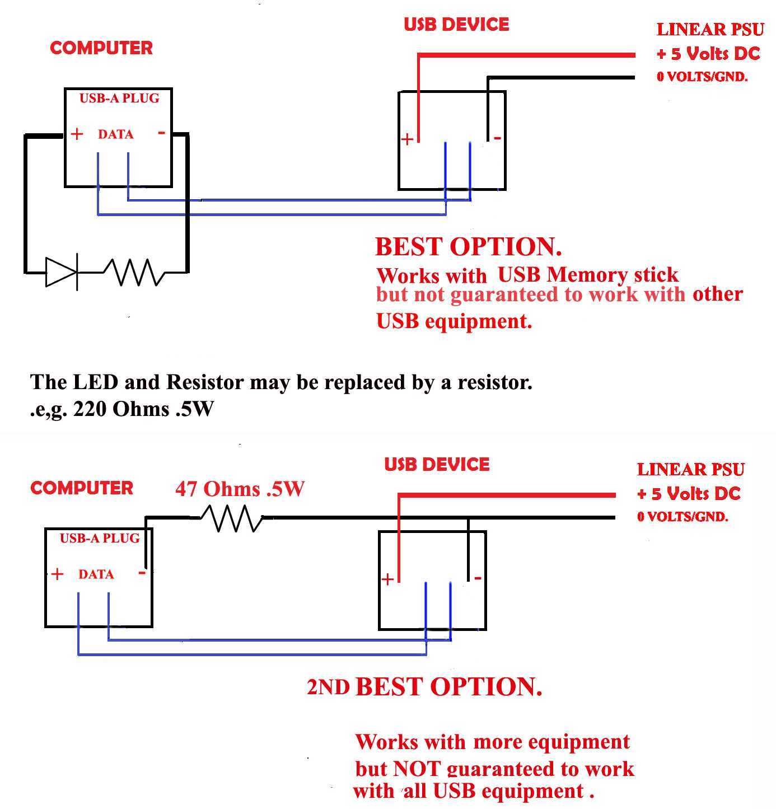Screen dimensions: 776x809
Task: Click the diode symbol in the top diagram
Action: point(62,272)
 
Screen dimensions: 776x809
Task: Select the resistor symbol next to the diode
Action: point(134,272)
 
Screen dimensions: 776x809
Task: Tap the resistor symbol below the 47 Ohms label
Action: point(231,518)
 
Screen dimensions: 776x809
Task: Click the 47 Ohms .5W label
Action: point(240,489)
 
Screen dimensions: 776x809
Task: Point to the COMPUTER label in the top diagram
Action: point(101,48)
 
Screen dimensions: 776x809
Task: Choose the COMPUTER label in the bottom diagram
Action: point(82,488)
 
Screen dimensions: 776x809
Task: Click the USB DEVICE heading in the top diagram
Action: point(456,25)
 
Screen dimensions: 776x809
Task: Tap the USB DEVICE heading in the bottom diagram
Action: point(437,464)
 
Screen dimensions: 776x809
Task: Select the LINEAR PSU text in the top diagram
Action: point(710,30)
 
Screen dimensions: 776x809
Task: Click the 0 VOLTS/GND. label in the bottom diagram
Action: point(682,517)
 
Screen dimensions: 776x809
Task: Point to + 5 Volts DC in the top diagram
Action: point(708,54)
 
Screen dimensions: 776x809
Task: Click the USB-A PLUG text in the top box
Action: point(119,99)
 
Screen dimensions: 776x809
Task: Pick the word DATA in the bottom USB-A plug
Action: point(96,574)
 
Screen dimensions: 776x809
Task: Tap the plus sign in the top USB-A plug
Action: point(77,134)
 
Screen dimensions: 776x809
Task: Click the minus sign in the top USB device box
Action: point(497,138)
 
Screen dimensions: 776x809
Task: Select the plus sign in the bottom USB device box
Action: point(387,579)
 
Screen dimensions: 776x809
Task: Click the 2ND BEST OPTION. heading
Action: point(424,686)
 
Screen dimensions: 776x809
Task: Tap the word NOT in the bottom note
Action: point(416,769)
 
